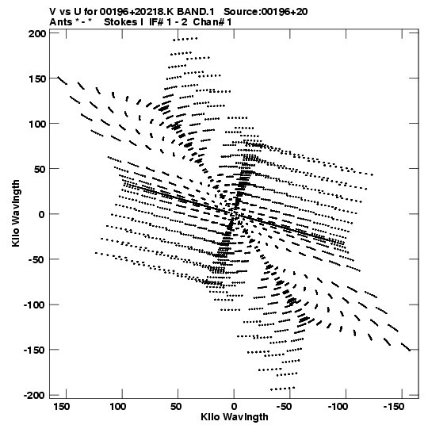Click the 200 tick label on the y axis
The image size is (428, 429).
(37, 34)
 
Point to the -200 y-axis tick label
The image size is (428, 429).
(35, 395)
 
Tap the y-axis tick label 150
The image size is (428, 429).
(37, 79)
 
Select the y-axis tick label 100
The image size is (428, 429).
(37, 124)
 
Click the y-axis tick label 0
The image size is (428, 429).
(41, 214)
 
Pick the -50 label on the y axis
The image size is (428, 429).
(37, 259)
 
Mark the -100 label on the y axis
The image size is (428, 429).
(35, 305)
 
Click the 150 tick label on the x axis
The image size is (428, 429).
(62, 407)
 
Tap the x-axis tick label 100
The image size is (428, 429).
(118, 407)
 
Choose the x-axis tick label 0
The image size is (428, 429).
(234, 407)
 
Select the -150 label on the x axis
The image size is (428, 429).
(394, 407)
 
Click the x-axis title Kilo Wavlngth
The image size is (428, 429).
(235, 417)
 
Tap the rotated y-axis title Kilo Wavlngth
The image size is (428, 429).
(16, 213)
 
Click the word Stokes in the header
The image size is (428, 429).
(120, 22)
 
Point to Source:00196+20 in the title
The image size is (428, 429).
(266, 12)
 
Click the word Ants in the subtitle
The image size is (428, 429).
(61, 22)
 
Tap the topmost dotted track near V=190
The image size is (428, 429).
(185, 39)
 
